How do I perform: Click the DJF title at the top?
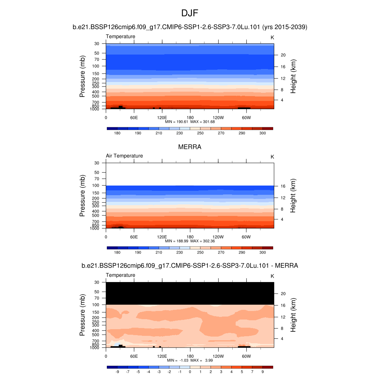(190, 13)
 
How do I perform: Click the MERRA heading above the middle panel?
(190, 147)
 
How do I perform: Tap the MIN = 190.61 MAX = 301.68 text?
(190, 122)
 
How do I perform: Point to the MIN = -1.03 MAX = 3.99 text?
(190, 360)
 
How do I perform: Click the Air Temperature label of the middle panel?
(124, 156)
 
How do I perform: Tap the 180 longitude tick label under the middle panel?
(190, 237)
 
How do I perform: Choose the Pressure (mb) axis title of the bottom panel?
(82, 315)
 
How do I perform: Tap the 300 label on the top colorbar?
(262, 133)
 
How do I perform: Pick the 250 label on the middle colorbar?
(200, 252)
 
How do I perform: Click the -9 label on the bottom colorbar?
(117, 371)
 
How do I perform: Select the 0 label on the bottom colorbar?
(190, 371)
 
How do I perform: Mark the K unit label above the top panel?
(272, 37)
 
